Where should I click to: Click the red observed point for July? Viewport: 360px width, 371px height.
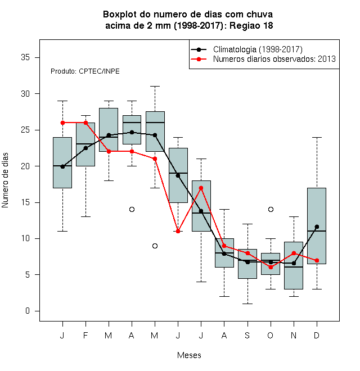(201, 188)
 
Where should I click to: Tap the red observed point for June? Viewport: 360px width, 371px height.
(178, 231)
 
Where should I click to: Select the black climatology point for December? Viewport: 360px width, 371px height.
(317, 227)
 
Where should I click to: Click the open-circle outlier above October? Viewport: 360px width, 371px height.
(271, 210)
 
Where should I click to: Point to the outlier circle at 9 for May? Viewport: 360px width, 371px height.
(155, 246)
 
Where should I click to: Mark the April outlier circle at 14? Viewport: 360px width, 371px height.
(132, 210)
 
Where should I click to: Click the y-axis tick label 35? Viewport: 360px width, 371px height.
(25, 57)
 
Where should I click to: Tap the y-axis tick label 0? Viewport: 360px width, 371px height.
(28, 311)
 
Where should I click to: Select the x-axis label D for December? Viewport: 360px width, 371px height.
(317, 335)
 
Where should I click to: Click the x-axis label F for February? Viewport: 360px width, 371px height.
(85, 335)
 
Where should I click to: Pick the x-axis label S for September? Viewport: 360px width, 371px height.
(247, 335)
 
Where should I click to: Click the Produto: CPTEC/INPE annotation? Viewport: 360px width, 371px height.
(85, 71)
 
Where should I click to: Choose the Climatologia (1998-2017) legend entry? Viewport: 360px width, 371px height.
(258, 49)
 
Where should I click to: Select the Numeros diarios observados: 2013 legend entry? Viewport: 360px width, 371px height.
(274, 59)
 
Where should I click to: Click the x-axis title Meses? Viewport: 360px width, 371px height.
(189, 355)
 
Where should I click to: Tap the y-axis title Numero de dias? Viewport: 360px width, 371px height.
(5, 180)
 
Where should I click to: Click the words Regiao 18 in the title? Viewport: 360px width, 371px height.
(251, 25)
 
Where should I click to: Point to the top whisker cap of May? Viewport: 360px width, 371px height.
(155, 87)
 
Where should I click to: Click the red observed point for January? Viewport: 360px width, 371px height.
(62, 123)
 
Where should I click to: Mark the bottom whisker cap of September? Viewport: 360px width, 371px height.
(247, 304)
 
